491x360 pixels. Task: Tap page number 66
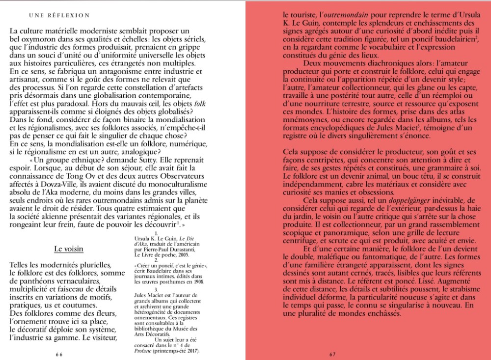pyautogui.click(x=59, y=354)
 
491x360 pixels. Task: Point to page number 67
pyautogui.click(x=332, y=354)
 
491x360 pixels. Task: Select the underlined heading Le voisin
pyautogui.click(x=68, y=249)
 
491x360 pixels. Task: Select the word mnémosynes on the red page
pyautogui.click(x=302, y=120)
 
